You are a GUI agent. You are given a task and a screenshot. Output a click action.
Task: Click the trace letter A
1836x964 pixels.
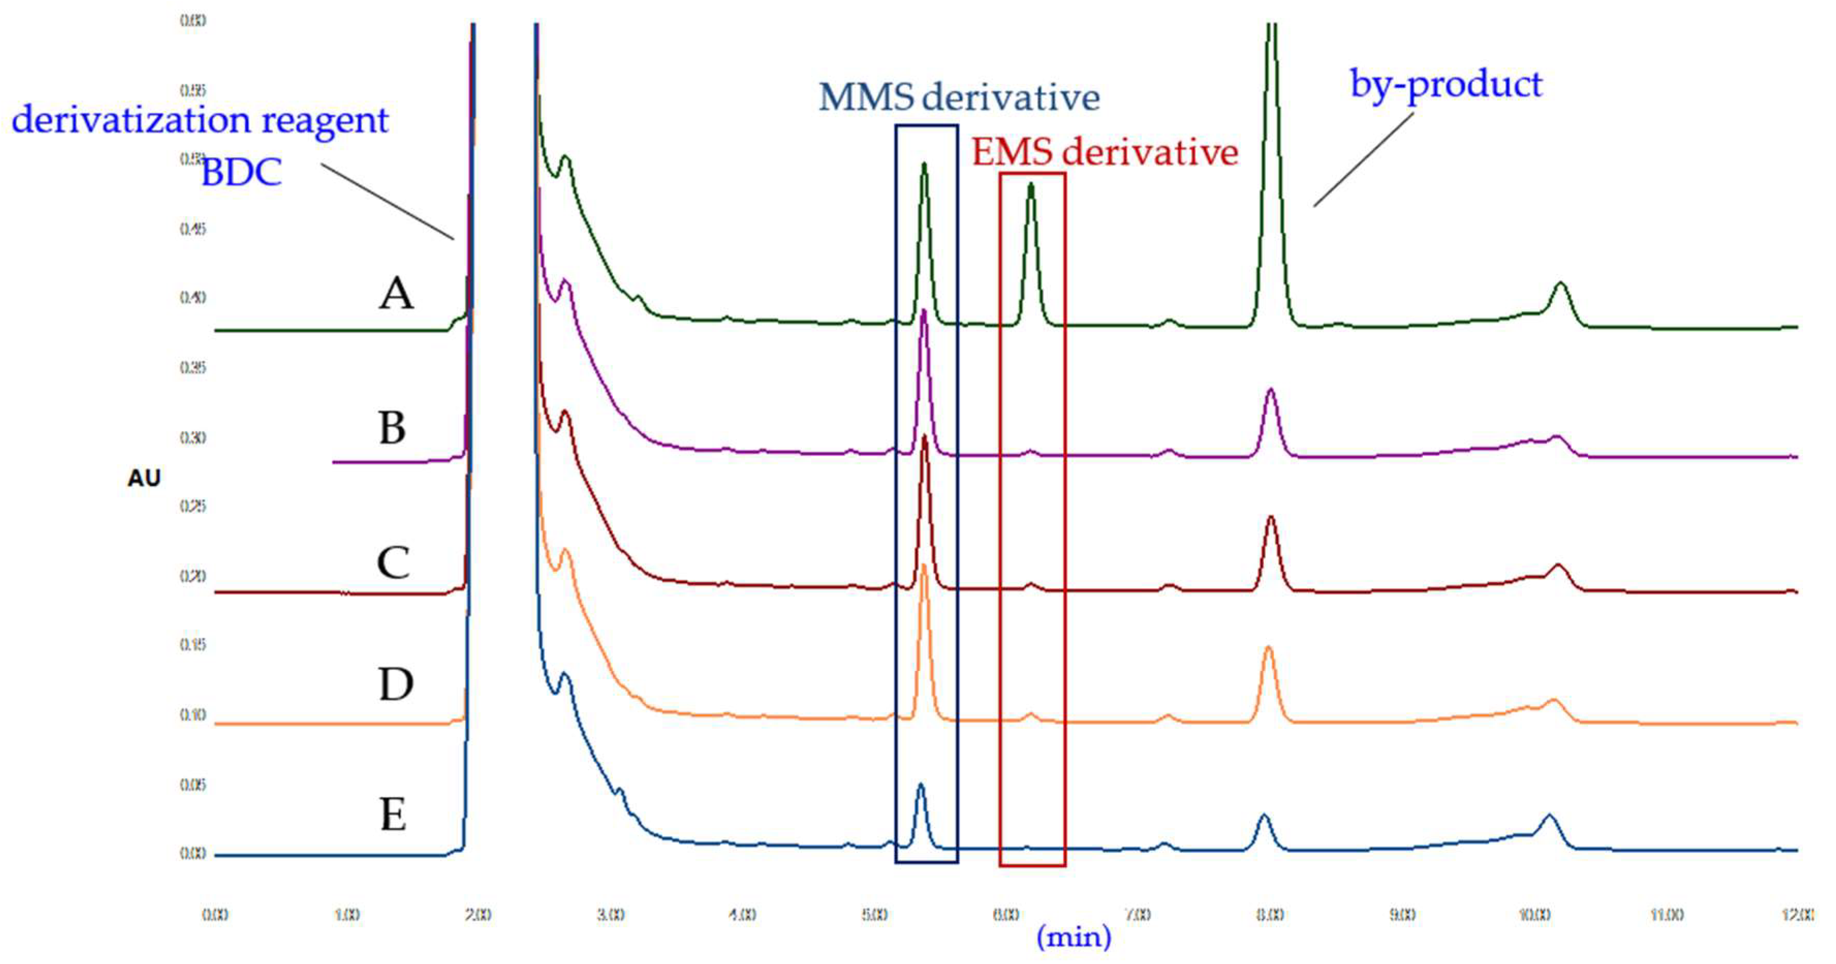(396, 293)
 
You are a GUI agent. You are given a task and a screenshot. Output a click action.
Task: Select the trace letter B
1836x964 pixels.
(392, 428)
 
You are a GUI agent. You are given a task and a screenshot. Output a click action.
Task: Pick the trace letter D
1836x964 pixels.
(396, 685)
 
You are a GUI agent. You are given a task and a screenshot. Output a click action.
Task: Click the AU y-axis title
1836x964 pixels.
(144, 478)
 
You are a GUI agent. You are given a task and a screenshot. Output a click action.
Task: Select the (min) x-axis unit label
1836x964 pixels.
(1073, 936)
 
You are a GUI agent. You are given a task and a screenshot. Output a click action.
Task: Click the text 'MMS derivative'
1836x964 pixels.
(959, 97)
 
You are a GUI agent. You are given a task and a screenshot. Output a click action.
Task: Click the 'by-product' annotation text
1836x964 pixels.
(1446, 84)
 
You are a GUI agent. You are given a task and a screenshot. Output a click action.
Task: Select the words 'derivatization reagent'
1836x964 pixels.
(200, 119)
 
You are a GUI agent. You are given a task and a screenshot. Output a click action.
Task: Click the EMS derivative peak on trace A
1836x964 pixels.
(1031, 187)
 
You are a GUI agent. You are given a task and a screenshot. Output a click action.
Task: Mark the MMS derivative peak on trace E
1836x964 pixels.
(920, 786)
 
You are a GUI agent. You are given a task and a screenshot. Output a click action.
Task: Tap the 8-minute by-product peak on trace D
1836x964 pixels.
(1268, 649)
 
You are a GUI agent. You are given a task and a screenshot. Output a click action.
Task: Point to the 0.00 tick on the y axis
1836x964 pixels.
(193, 853)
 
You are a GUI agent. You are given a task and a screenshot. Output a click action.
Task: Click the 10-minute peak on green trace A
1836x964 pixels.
(1560, 285)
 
